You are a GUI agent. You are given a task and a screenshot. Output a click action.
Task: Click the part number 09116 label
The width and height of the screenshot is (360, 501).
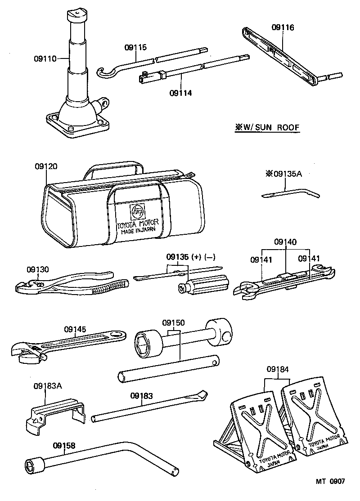pyautogui.click(x=283, y=27)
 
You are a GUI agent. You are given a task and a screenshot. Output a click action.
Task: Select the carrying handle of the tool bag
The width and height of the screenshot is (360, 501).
pyautogui.click(x=113, y=167)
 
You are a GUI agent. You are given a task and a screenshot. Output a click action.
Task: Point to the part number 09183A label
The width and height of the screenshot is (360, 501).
pyautogui.click(x=47, y=386)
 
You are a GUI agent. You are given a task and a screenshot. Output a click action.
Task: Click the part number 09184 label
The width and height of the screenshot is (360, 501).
pyautogui.click(x=277, y=369)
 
